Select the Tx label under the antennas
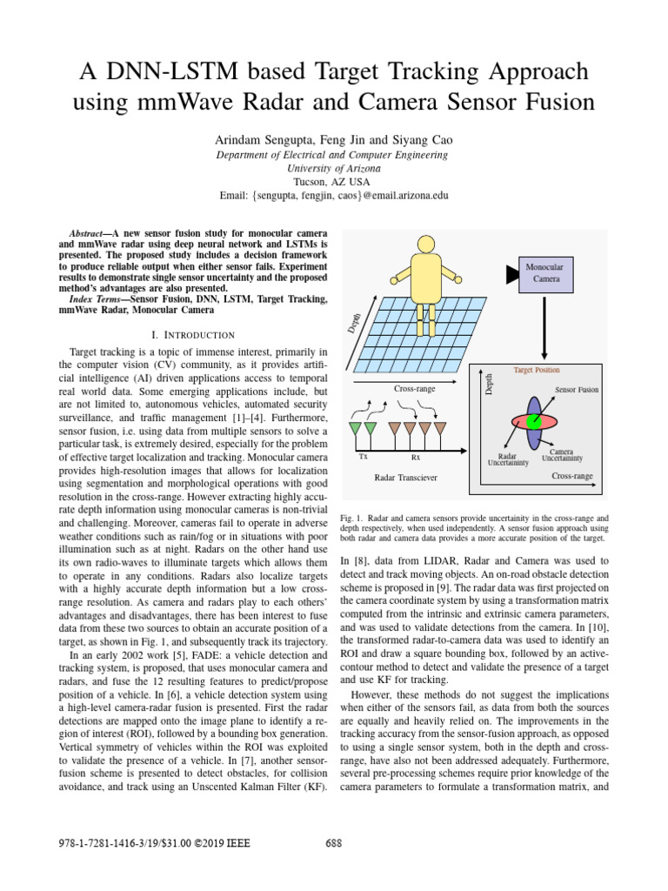tap(362, 456)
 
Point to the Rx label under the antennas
tap(415, 456)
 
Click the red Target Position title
tap(537, 370)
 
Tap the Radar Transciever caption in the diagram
tap(405, 478)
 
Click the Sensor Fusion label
tap(576, 390)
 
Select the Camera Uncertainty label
tap(561, 454)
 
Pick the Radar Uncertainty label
tap(507, 459)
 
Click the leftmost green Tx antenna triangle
tap(354, 429)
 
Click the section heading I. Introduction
tap(192, 334)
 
